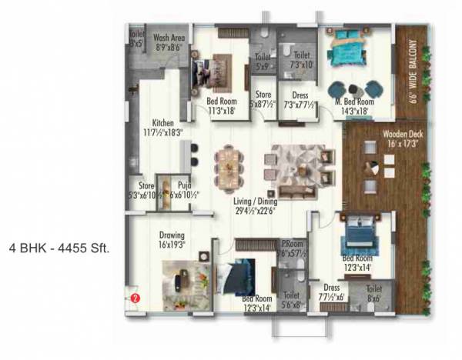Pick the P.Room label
pyautogui.click(x=293, y=246)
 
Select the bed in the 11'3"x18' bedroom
pyautogui.click(x=219, y=72)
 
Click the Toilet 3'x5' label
pyautogui.click(x=137, y=39)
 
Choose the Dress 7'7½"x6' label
pyautogui.click(x=333, y=292)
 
